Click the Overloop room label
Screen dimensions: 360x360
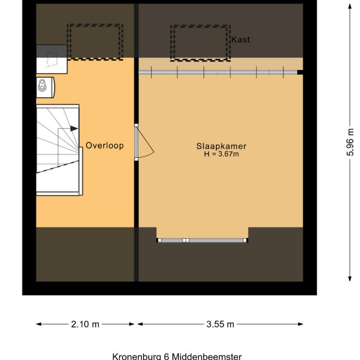pos(104,146)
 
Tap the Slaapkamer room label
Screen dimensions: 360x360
pos(218,146)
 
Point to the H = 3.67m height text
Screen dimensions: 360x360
pos(218,153)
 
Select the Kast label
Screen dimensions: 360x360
pos(241,40)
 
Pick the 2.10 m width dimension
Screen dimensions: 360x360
pos(85,324)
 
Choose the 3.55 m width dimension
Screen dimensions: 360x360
pos(220,324)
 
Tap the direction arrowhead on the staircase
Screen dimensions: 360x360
pos(75,128)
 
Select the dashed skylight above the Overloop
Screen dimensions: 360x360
pos(96,41)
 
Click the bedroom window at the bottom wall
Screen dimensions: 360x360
pos(203,240)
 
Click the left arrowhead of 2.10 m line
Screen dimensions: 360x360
pos(39,324)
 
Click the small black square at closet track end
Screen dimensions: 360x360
pos(300,73)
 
